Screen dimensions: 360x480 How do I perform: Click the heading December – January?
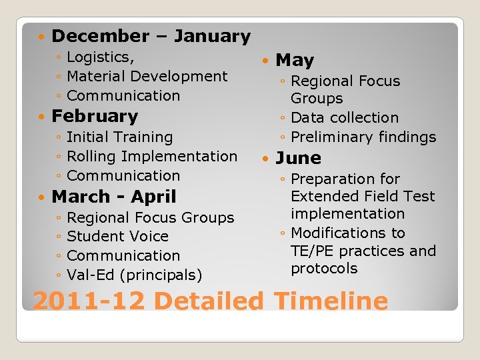pos(151,36)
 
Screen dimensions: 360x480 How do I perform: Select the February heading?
pos(95,116)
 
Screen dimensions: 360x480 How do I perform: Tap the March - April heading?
pos(113,197)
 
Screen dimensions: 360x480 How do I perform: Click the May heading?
pos(294,61)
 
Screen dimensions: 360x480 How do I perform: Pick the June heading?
pos(298,158)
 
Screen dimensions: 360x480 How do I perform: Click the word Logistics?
pos(100,57)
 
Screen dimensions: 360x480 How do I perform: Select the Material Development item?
pos(147,76)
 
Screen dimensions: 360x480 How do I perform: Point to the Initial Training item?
pos(119,137)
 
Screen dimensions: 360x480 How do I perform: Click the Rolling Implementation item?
pos(152,156)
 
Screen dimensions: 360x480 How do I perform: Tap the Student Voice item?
pos(117,236)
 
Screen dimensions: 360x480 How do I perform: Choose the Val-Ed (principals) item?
pos(135,274)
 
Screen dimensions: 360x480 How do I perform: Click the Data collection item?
pos(345,117)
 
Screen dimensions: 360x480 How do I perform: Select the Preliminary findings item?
pos(363,137)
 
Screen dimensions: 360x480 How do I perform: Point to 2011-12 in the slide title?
pos(89,301)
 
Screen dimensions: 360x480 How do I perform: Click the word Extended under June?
pos(319,196)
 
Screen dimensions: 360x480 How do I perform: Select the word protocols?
pos(324,268)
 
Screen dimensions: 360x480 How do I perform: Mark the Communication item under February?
pos(123,175)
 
